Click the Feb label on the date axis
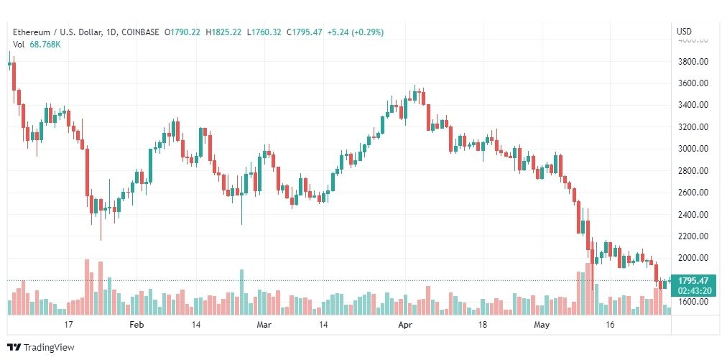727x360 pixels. tap(136, 325)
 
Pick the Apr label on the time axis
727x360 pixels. tap(406, 325)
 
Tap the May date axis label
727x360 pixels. tap(542, 325)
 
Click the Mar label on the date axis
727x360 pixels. tap(264, 325)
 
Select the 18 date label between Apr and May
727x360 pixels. tap(483, 325)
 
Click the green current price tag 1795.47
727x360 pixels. tap(693, 281)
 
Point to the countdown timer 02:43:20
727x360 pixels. tap(693, 290)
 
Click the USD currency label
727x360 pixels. tap(685, 32)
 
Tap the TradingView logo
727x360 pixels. tap(41, 348)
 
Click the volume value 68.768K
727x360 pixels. tap(45, 45)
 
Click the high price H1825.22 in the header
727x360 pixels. tap(224, 32)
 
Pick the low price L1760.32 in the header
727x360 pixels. tap(264, 32)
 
